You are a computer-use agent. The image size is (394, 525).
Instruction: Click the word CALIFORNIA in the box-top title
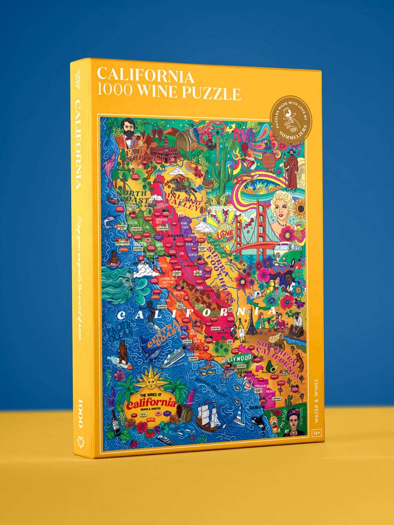(x=146, y=75)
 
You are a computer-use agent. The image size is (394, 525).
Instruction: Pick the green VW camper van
(x=288, y=255)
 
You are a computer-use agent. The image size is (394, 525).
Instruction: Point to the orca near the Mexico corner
(x=256, y=422)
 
